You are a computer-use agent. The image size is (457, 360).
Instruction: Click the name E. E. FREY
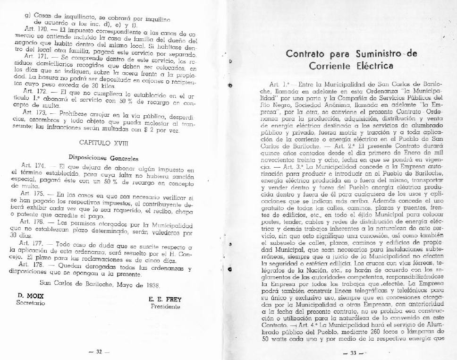point(165,299)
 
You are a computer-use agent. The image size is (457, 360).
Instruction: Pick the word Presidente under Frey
point(165,306)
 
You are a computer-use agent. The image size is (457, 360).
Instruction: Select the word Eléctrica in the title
point(374,65)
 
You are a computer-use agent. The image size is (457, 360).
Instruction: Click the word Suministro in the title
point(376,53)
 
